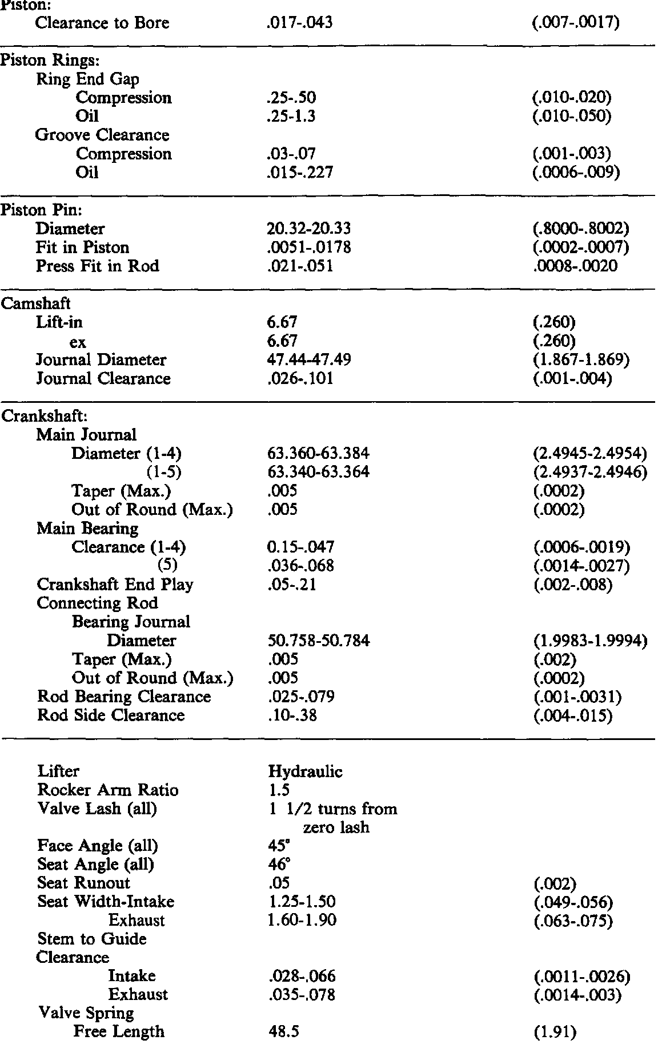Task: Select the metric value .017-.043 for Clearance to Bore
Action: click(299, 23)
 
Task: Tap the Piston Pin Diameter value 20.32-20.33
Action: click(308, 229)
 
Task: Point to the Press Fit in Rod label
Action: click(97, 266)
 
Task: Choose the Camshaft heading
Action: click(35, 303)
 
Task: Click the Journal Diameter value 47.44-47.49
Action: click(308, 360)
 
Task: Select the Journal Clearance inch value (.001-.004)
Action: click(571, 379)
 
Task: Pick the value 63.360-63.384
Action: click(318, 454)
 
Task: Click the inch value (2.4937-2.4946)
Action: click(589, 473)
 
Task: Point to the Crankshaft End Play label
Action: click(115, 585)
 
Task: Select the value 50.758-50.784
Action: click(319, 641)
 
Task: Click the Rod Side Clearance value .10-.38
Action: click(292, 715)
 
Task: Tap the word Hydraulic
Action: click(305, 772)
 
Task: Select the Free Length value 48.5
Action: click(284, 1032)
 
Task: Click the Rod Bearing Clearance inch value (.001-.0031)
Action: click(576, 697)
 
